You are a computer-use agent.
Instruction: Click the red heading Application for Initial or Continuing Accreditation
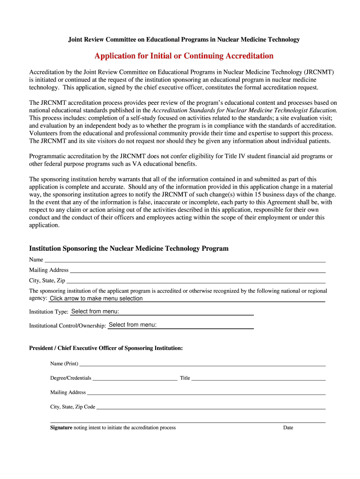[184, 56]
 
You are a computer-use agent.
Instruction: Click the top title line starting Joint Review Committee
[184, 40]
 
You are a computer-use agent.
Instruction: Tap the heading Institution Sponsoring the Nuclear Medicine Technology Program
[129, 248]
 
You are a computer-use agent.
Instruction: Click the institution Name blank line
[185, 260]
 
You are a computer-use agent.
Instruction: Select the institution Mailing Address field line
[197, 270]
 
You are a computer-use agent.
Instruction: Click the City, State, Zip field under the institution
[195, 281]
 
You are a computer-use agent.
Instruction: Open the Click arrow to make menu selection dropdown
[187, 298]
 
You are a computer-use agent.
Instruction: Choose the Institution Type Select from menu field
[162, 312]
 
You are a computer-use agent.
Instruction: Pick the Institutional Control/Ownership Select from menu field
[180, 325]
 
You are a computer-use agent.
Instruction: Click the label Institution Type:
[49, 312]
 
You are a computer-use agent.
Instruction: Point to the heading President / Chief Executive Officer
[106, 348]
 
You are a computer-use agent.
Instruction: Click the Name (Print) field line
[202, 363]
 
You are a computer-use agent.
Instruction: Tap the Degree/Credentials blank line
[135, 378]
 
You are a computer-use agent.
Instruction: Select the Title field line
[258, 378]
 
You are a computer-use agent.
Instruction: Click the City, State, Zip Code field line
[210, 407]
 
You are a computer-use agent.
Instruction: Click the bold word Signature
[61, 428]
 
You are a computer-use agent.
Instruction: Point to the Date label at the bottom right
[288, 428]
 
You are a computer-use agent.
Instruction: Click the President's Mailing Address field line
[206, 392]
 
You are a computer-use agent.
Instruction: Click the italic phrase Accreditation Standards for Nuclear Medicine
[224, 110]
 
